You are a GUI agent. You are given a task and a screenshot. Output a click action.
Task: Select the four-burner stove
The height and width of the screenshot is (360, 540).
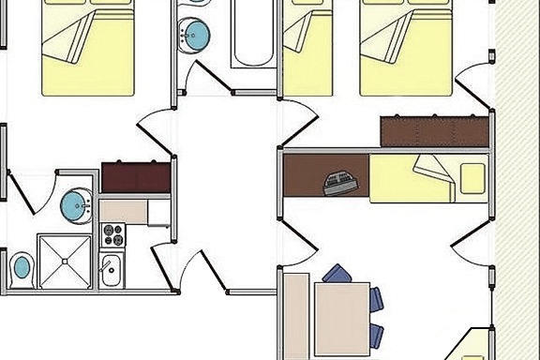pos(112,234)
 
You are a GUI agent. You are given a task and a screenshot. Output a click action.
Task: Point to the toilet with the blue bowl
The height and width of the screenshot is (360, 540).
pos(20,269)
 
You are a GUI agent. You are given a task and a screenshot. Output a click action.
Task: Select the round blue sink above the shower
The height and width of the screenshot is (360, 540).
pos(75,202)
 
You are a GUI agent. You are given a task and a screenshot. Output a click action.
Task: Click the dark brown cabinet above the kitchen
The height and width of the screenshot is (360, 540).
pos(136,176)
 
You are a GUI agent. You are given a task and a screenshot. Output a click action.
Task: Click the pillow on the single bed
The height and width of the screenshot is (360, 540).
pos(472,178)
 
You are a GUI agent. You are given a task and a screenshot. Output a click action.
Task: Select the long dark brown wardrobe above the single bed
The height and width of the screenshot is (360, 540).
pos(436,129)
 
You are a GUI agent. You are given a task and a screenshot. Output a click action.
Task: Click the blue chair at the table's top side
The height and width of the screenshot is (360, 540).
pos(336,273)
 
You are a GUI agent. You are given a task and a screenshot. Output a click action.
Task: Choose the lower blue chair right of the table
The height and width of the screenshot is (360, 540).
pos(377,333)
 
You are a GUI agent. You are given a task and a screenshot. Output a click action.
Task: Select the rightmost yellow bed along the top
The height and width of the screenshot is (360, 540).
pos(406,47)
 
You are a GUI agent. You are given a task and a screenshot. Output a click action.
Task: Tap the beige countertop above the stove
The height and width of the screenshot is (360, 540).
pos(124,210)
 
